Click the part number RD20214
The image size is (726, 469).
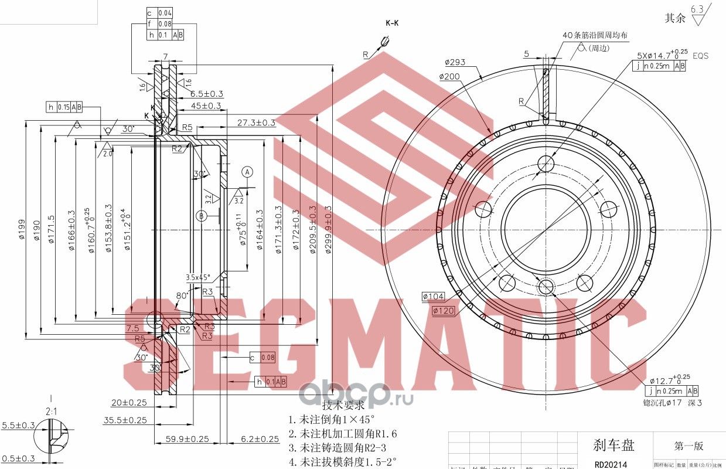tap(611, 464)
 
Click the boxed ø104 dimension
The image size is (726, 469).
tap(433, 297)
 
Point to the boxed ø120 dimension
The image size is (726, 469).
tap(444, 311)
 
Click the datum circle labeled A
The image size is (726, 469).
tap(248, 172)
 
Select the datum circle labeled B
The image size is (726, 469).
tap(201, 216)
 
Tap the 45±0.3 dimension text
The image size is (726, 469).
tap(206, 106)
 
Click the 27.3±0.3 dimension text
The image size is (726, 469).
tap(256, 123)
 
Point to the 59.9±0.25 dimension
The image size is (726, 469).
tap(188, 438)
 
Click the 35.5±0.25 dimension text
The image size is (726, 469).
tap(125, 420)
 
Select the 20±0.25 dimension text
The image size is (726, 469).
tap(129, 402)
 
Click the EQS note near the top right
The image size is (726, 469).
tap(700, 56)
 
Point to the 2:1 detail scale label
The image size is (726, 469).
tap(52, 412)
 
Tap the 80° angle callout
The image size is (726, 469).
tap(182, 296)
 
